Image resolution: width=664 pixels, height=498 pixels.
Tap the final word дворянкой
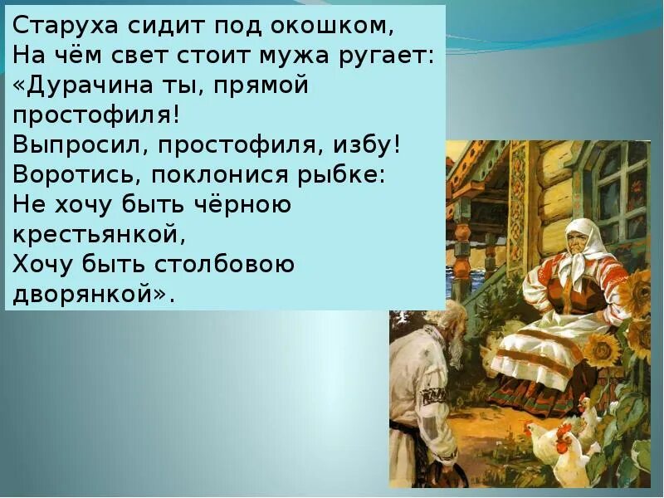pos(91,294)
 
